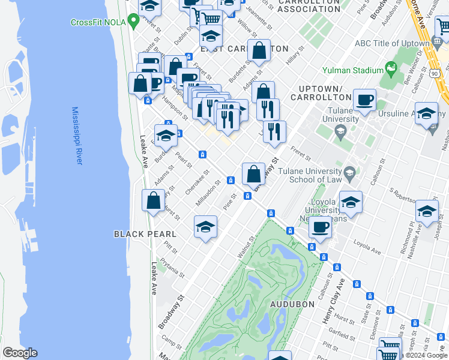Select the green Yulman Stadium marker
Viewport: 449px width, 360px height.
[391, 70]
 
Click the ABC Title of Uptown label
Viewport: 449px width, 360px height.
[393, 44]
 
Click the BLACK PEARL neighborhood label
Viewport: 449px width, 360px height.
[145, 234]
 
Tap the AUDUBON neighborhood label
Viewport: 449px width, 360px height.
[292, 304]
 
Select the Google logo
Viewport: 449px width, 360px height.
[20, 353]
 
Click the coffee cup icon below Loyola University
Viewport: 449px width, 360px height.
[321, 228]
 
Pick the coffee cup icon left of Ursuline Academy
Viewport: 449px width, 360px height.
[364, 100]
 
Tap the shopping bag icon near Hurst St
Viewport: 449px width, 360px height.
[154, 200]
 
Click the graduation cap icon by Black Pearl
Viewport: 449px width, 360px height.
[205, 227]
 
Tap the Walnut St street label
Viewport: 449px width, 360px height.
[246, 248]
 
